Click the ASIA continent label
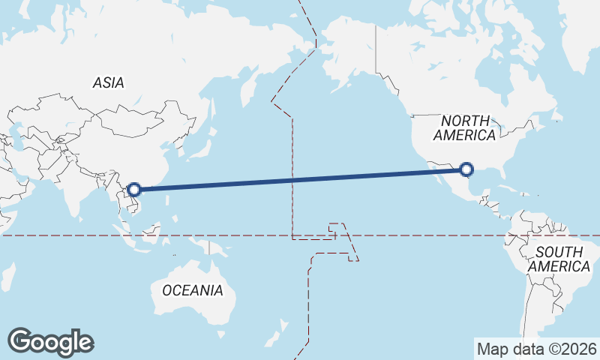(109, 83)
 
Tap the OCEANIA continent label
(193, 290)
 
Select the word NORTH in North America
(465, 121)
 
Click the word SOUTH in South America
(559, 252)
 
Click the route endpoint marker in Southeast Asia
(135, 189)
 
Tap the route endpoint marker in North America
(466, 169)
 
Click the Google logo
(50, 342)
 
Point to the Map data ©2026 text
(537, 349)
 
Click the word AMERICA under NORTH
(465, 136)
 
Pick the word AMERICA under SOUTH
(559, 266)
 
